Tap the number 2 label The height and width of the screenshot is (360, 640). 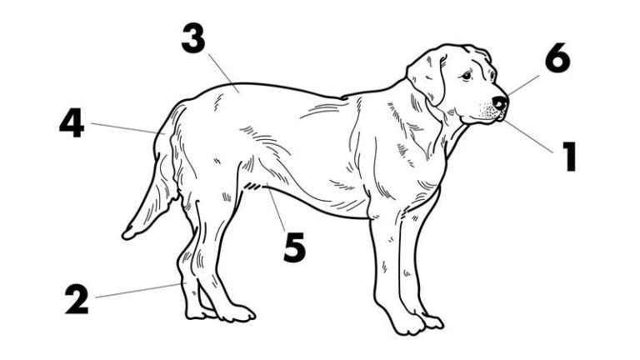click(x=77, y=300)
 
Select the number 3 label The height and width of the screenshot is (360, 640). click(x=193, y=38)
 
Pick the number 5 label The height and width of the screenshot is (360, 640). click(x=294, y=247)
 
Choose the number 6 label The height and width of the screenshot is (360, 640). click(x=557, y=57)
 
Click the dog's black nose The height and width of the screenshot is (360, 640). click(x=500, y=102)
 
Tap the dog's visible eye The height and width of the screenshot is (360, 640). click(x=466, y=75)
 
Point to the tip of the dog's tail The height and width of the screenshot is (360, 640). click(x=126, y=236)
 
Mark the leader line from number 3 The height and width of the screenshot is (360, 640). click(x=223, y=73)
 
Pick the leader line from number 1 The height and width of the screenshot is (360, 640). click(x=528, y=137)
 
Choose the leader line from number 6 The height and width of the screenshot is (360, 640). click(x=523, y=85)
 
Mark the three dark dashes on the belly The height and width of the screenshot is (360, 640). click(x=252, y=187)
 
